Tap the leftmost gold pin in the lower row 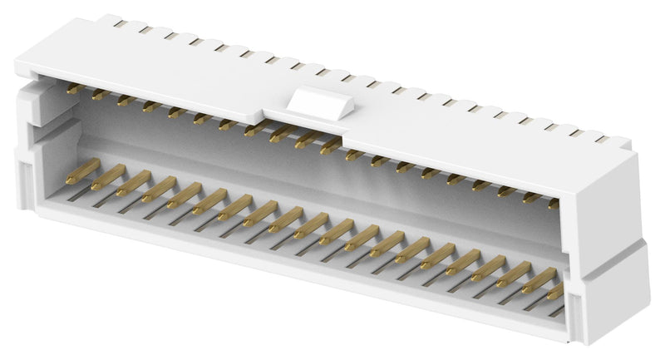click(82, 171)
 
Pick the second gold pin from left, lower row click(109, 177)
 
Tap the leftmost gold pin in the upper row click(73, 87)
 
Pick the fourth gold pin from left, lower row click(158, 190)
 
